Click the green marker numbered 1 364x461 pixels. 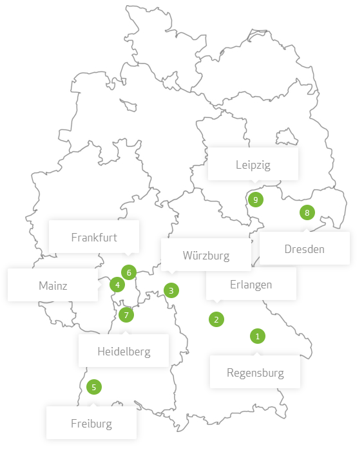257,336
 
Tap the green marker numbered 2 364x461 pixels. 216,319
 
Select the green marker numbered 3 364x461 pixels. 171,290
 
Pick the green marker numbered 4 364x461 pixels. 117,284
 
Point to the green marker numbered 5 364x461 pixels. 94,387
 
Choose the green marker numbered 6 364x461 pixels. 129,272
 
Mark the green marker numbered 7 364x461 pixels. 126,315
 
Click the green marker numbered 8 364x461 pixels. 307,212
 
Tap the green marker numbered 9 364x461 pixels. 256,200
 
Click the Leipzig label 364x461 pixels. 253,164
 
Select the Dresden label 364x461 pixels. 304,249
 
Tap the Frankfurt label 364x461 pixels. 94,236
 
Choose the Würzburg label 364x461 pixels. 206,255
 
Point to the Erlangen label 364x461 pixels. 251,284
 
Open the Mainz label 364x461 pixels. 53,285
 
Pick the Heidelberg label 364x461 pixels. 124,351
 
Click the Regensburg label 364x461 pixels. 255,372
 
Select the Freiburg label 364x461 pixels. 91,423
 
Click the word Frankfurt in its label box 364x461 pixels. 94,237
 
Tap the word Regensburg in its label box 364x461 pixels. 255,372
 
